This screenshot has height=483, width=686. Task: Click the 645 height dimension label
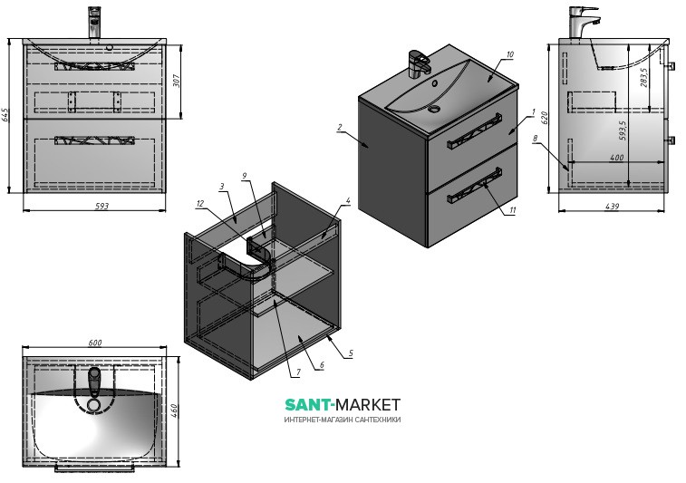(x=6, y=114)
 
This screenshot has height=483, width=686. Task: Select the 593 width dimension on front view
(x=101, y=207)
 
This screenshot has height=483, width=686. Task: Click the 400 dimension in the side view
(x=616, y=158)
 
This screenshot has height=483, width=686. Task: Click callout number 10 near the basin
(x=510, y=55)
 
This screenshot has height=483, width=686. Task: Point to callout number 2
(x=339, y=128)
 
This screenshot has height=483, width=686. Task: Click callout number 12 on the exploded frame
(x=198, y=203)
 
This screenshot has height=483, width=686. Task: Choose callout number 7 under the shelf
(x=296, y=372)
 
